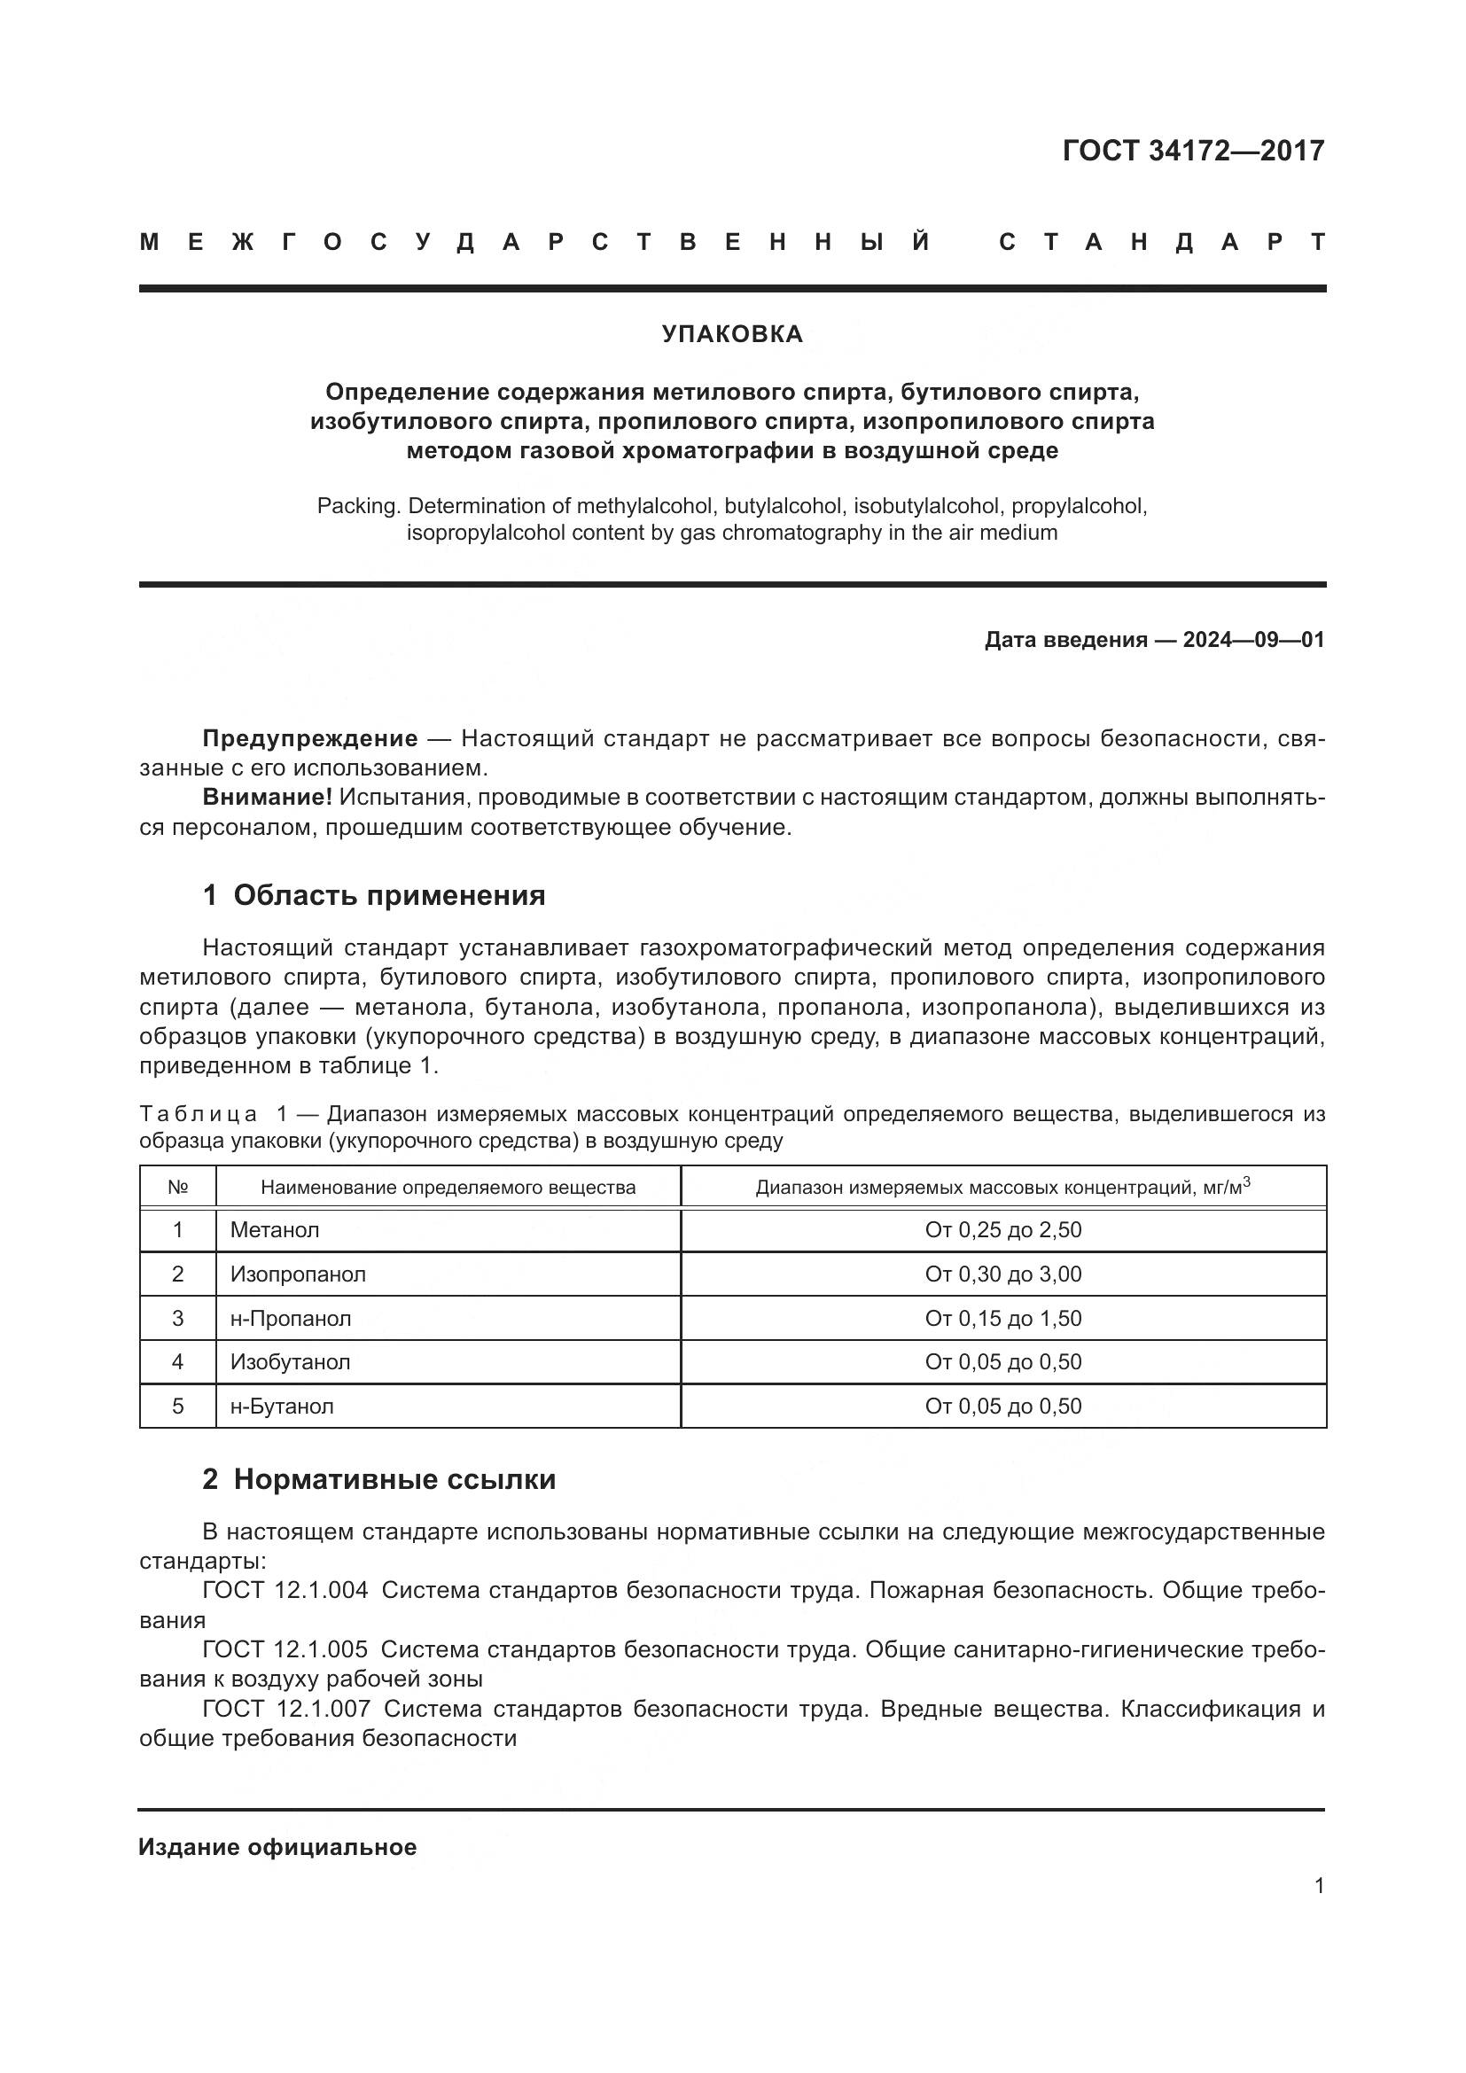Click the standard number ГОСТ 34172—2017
point(1192,151)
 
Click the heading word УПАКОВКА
point(732,334)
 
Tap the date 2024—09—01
point(1253,640)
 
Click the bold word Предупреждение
point(309,738)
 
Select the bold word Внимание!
point(267,798)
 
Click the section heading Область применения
point(389,895)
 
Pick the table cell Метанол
point(275,1230)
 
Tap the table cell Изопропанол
point(298,1274)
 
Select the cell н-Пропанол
point(291,1318)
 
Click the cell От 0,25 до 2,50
point(1003,1230)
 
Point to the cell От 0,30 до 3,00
point(1003,1274)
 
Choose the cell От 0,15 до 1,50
point(1003,1318)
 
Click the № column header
point(178,1188)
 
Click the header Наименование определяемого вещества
point(448,1188)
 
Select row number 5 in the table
point(178,1406)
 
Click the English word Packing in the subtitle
point(357,505)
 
